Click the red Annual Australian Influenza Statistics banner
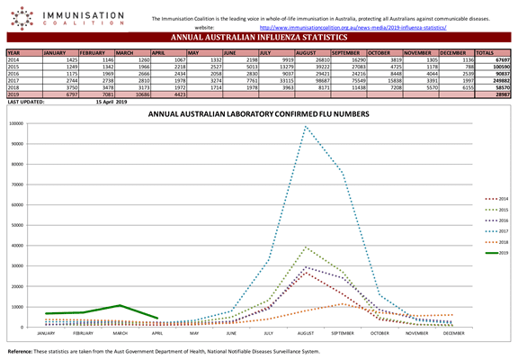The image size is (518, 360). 259,39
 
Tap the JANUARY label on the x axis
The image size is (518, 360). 46,332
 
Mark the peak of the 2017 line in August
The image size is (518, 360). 307,128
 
